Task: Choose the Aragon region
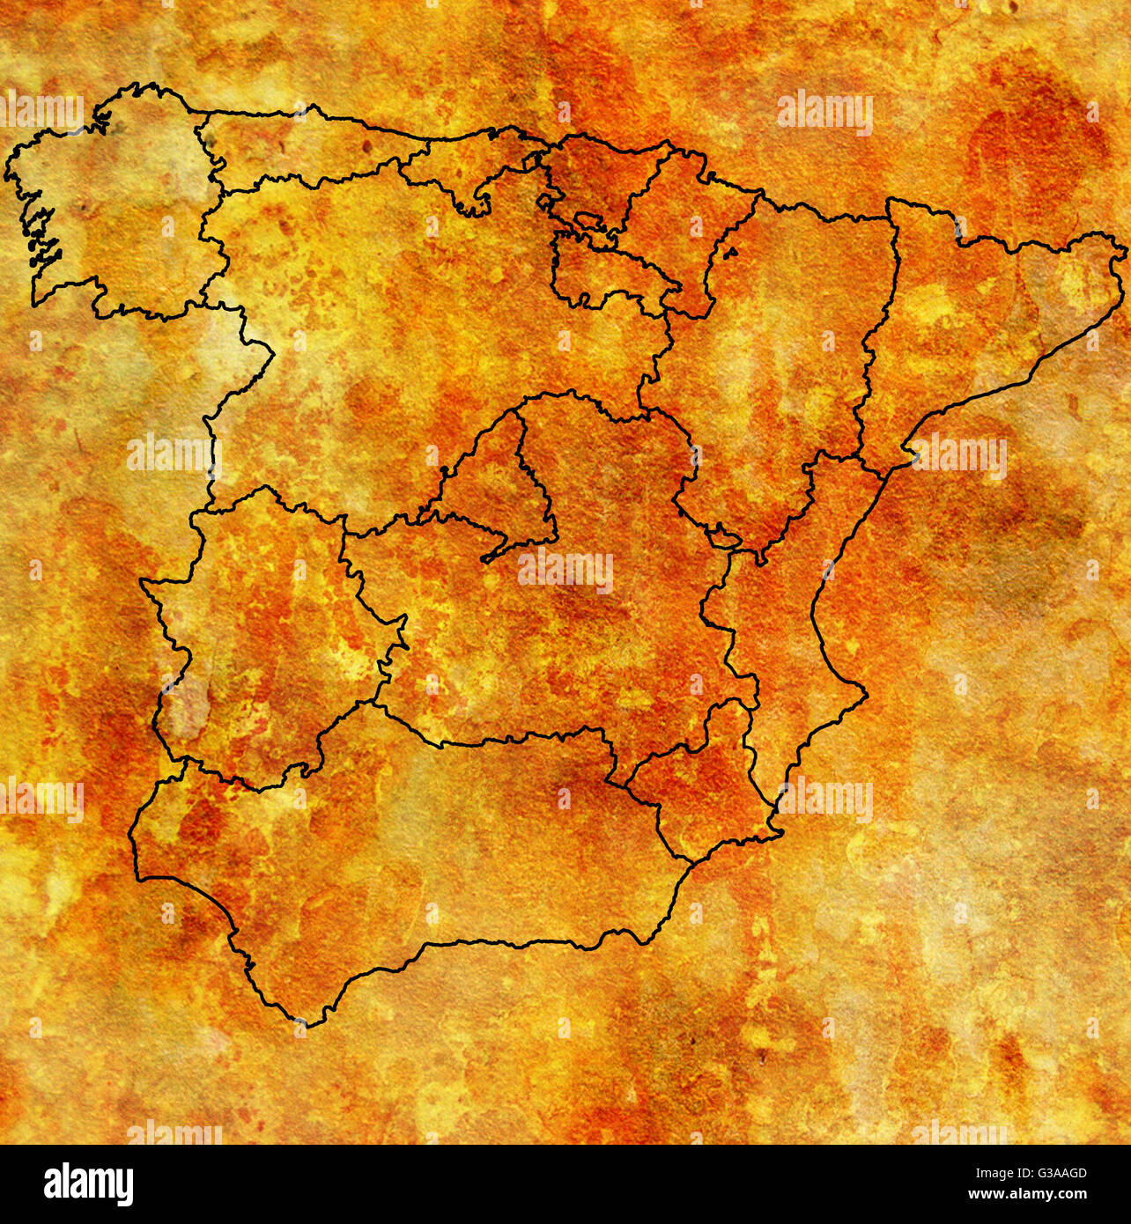[x=784, y=352]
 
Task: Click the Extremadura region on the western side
[x=264, y=634]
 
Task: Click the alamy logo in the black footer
[x=88, y=1184]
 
